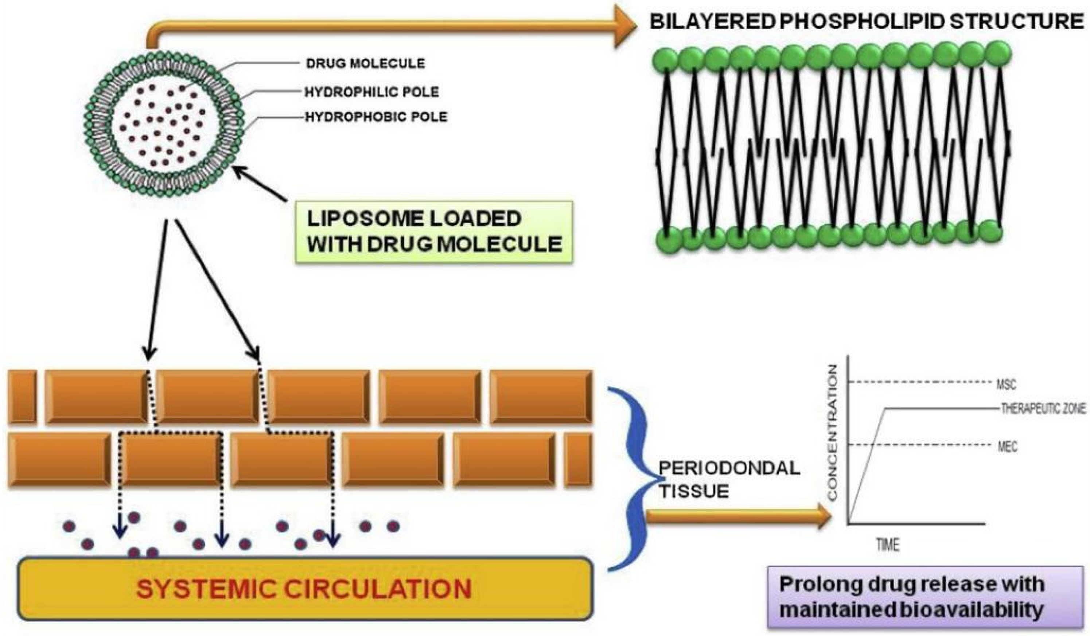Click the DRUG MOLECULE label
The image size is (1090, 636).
coord(366,63)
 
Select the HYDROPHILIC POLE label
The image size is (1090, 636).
coord(372,91)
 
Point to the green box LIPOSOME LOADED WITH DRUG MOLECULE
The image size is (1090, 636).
coord(434,232)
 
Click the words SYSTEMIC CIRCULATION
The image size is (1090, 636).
coord(306,589)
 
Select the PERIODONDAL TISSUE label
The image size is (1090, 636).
coord(729,480)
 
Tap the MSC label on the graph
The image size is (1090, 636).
coord(1006,385)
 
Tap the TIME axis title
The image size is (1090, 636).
coord(888,545)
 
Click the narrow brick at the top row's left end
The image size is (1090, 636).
coord(22,397)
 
